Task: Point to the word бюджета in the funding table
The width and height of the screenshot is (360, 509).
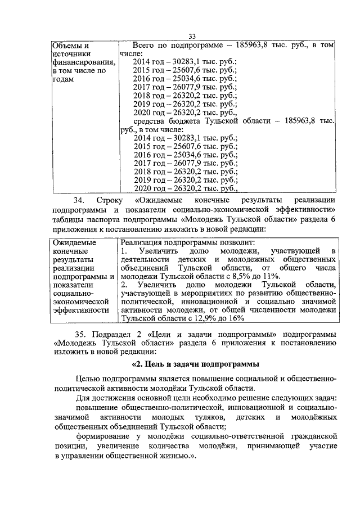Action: coord(193,120)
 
